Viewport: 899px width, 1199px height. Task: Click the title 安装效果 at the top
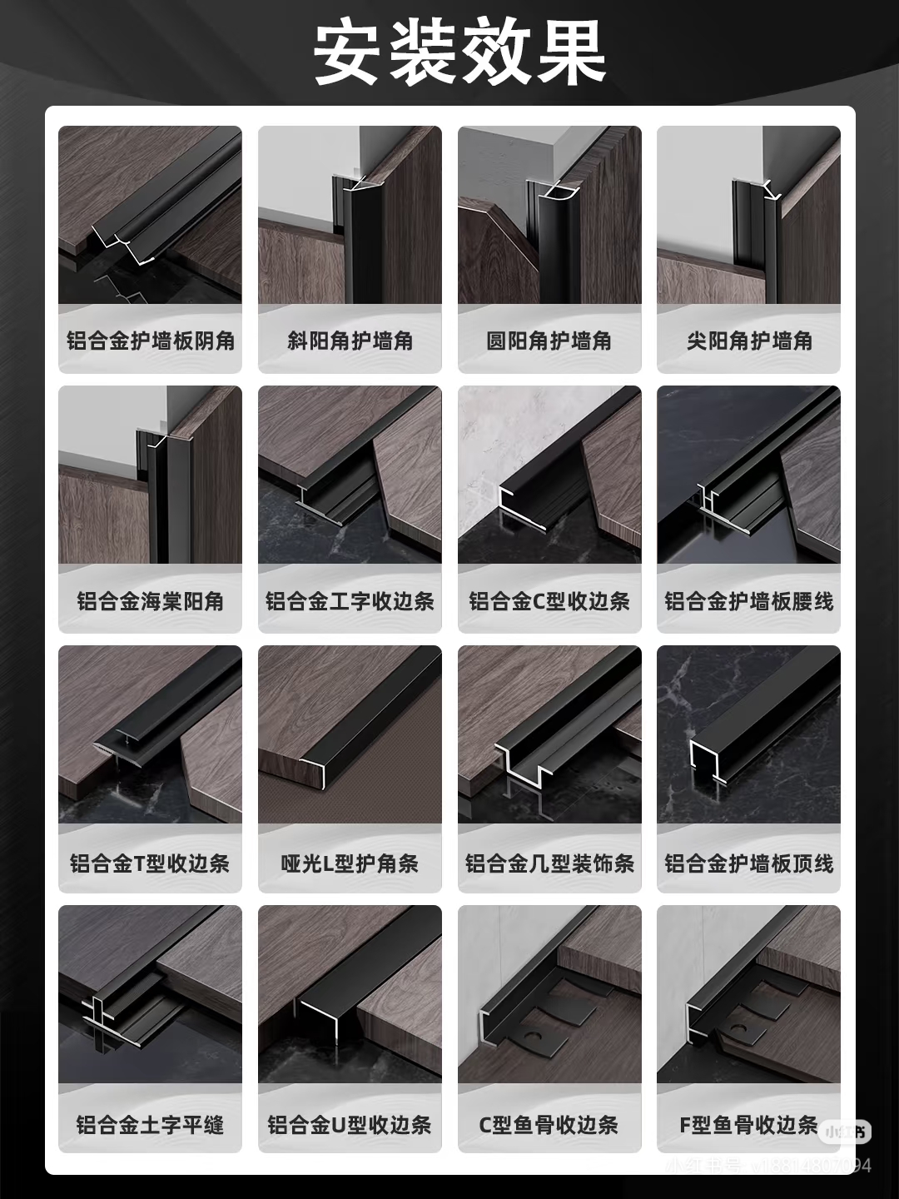[x=459, y=52]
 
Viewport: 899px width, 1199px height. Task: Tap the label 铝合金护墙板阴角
[x=151, y=341]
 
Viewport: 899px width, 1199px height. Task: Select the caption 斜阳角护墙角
[x=350, y=341]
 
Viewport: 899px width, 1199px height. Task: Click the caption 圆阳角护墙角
[x=549, y=341]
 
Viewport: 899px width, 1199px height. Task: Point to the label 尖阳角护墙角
[x=749, y=341]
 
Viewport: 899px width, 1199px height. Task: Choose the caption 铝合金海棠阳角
[x=151, y=601]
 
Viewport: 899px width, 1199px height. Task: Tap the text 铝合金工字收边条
[x=350, y=601]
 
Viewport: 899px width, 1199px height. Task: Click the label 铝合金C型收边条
[x=549, y=601]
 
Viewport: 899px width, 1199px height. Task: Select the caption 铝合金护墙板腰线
[x=749, y=601]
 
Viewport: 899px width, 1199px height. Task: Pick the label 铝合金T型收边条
[x=151, y=863]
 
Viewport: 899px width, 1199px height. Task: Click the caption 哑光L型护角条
[x=350, y=863]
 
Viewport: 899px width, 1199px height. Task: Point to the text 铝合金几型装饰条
[x=549, y=863]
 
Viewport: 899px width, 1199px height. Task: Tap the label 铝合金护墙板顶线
[x=749, y=863]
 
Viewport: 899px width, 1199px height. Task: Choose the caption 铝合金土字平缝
[x=151, y=1125]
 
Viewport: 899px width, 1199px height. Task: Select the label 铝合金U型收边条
[x=350, y=1125]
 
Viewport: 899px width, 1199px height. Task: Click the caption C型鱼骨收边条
[x=549, y=1125]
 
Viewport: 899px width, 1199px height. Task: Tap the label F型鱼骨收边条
[x=748, y=1125]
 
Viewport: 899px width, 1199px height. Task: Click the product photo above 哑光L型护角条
[x=350, y=734]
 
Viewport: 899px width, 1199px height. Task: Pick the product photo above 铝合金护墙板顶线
[x=749, y=734]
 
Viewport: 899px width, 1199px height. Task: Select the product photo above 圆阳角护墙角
[x=549, y=215]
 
